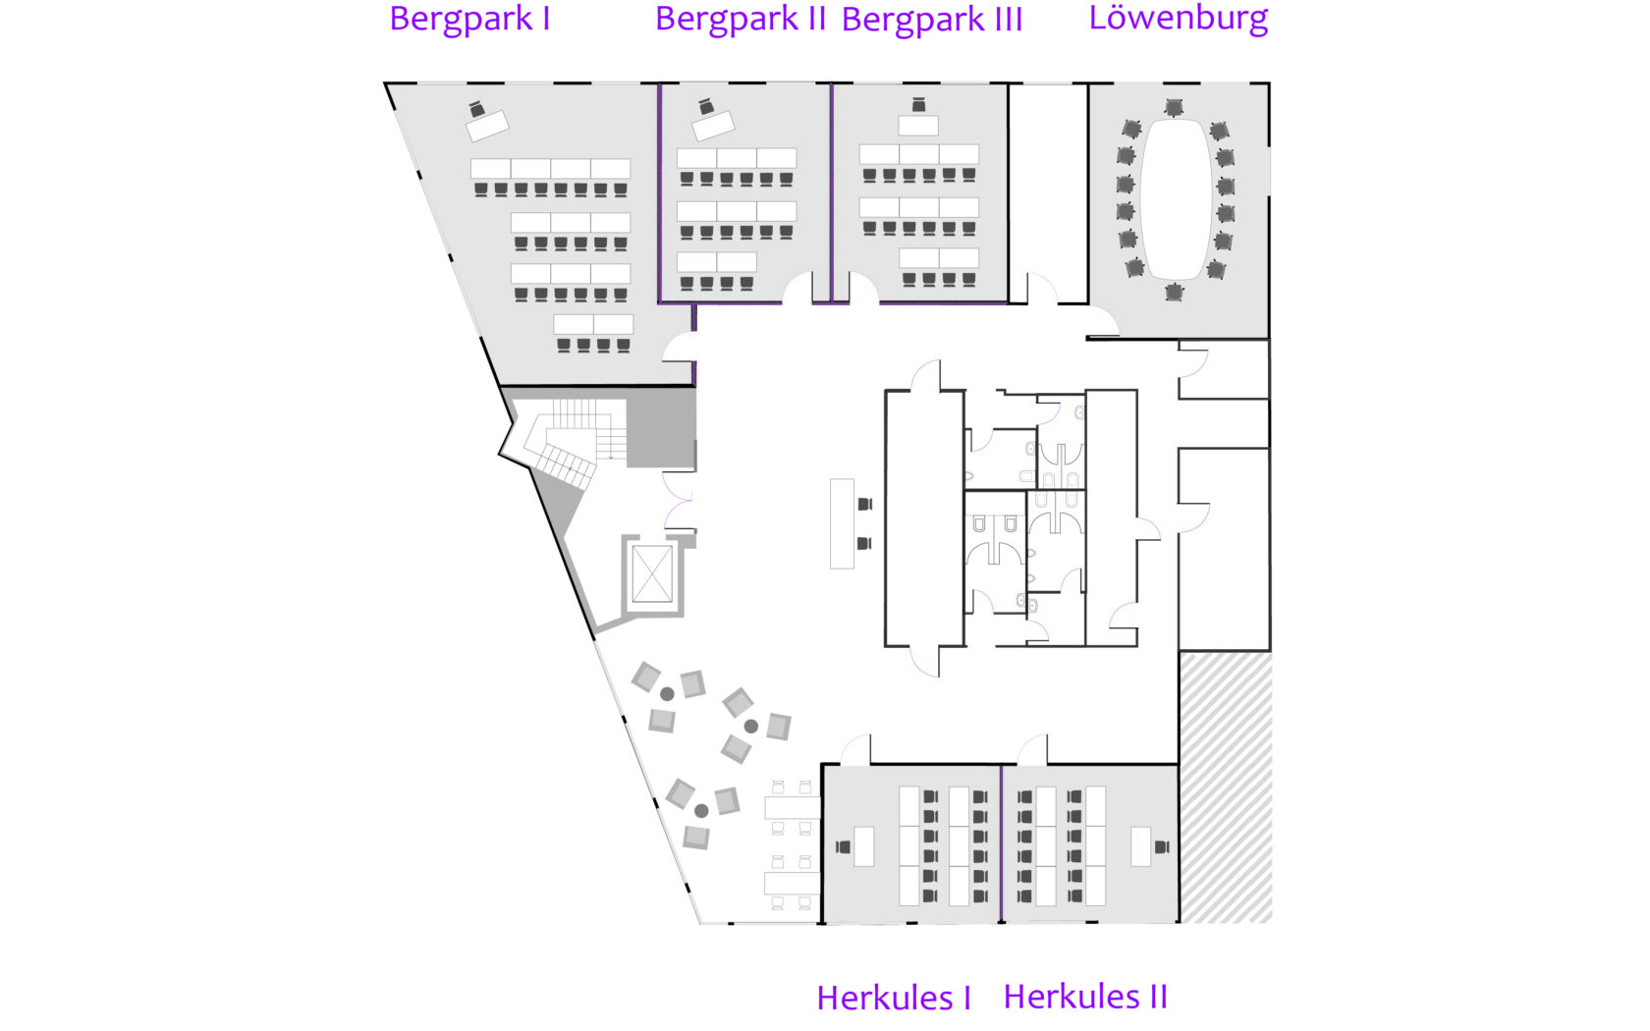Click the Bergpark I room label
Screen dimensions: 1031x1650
(x=469, y=20)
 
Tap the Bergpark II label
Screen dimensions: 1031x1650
(x=740, y=20)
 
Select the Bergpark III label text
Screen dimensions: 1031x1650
(x=932, y=21)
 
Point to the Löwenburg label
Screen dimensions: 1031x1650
(x=1178, y=19)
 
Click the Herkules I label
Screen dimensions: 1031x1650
(x=894, y=998)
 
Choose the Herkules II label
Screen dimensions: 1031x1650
(x=1085, y=997)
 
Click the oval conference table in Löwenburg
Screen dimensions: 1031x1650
(x=1176, y=198)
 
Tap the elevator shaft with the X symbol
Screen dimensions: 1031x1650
(x=652, y=574)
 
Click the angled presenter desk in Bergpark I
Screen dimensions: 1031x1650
(x=487, y=126)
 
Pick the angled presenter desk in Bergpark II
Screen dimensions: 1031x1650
(x=713, y=125)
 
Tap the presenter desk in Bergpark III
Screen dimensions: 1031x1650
(x=918, y=126)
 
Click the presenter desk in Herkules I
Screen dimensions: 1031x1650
(x=863, y=846)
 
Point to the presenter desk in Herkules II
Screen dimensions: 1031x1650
(x=1140, y=846)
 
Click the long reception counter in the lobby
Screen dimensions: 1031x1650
(x=842, y=523)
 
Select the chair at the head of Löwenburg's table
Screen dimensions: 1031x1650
(x=1174, y=107)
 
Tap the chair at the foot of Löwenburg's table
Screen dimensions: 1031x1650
(x=1174, y=292)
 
